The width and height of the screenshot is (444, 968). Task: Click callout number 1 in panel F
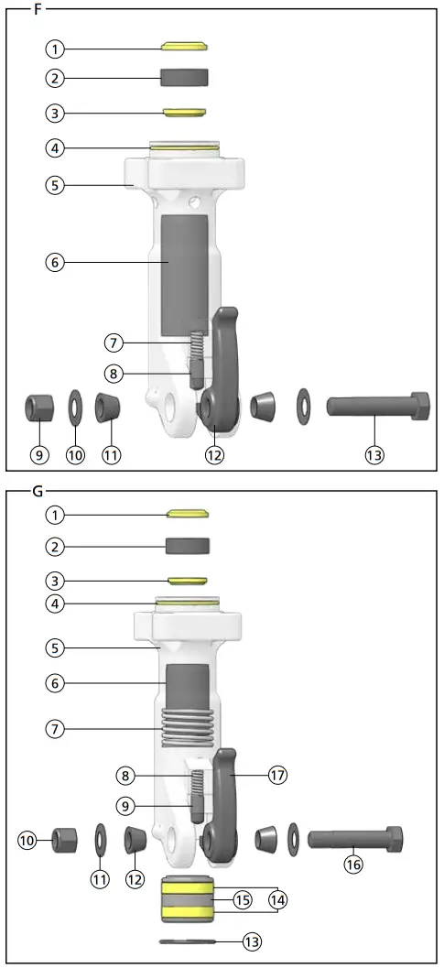pyautogui.click(x=56, y=48)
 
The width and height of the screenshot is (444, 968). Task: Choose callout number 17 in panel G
pyautogui.click(x=278, y=775)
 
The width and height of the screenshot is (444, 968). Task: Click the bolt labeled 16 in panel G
pyautogui.click(x=353, y=838)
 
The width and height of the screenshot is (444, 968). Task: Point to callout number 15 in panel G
pyautogui.click(x=243, y=901)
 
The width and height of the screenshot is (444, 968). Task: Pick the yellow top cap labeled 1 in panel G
pyautogui.click(x=188, y=514)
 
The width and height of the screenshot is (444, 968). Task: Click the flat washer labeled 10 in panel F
pyautogui.click(x=73, y=406)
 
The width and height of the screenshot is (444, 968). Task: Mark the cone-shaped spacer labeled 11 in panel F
pyautogui.click(x=110, y=406)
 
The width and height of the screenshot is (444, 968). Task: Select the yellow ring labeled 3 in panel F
pyautogui.click(x=184, y=113)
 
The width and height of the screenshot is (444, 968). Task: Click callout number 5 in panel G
pyautogui.click(x=56, y=647)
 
